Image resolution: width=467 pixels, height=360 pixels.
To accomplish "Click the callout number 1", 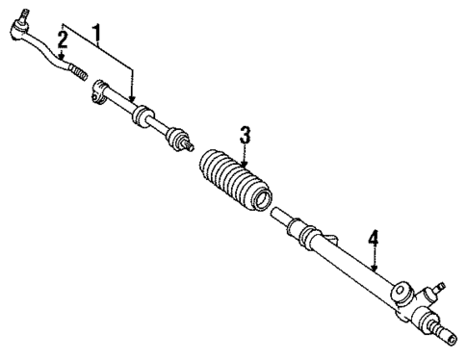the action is pyautogui.click(x=96, y=33).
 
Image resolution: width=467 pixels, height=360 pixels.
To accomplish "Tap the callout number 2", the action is pyautogui.click(x=62, y=39).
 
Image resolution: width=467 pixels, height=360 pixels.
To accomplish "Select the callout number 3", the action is pyautogui.click(x=246, y=137).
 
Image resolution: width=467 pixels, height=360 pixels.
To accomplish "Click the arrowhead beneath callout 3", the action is pyautogui.click(x=246, y=163).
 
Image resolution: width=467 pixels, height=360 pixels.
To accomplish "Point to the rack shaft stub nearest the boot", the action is pyautogui.click(x=276, y=210).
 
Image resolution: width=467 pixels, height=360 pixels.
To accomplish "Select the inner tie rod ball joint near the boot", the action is pyautogui.click(x=179, y=145).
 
